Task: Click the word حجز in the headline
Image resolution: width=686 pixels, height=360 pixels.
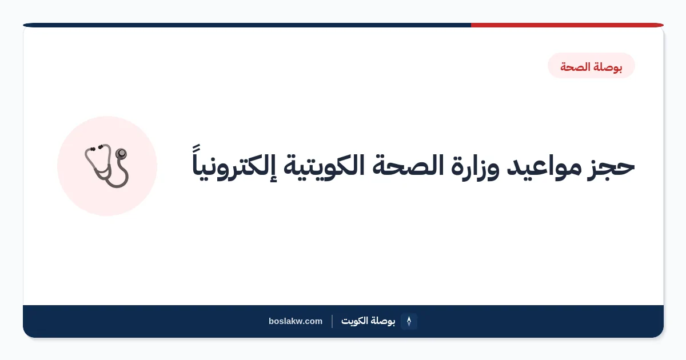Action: [x=611, y=167]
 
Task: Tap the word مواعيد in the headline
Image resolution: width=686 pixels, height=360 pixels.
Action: [x=544, y=167]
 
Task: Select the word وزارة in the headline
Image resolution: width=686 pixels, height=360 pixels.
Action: [x=475, y=167]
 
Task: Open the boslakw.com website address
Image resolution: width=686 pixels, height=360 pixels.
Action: [x=296, y=321]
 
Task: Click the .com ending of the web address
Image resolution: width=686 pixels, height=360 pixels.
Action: [x=313, y=321]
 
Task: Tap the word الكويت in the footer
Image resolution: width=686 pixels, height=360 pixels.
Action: [x=354, y=321]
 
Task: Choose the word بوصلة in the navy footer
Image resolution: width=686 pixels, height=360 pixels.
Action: [x=383, y=321]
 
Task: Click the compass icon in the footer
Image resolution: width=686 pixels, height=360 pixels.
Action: [x=409, y=321]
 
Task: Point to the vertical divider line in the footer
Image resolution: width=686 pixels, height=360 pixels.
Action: [x=332, y=321]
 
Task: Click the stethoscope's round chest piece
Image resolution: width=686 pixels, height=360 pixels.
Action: [x=121, y=153]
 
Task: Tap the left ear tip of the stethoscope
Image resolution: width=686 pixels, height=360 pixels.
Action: [x=92, y=149]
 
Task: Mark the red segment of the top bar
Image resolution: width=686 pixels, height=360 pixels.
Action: [x=567, y=25]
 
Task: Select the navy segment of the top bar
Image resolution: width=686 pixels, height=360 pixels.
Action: [x=247, y=25]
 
